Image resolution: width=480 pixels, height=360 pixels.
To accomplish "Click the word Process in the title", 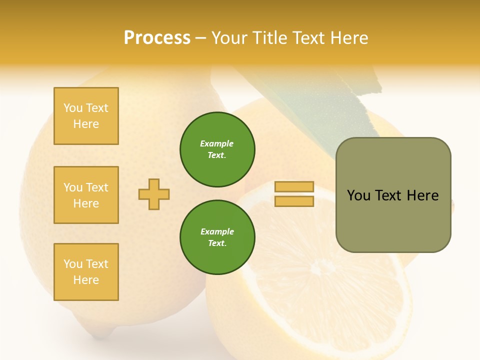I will pos(157,38).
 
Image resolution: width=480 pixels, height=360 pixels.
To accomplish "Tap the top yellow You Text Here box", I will pos(86,116).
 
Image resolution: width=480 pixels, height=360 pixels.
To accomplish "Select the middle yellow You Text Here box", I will pos(86,195).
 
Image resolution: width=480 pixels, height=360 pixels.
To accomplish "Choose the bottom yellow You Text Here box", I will pos(86,272).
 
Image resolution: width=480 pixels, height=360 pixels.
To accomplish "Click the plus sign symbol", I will pos(154,194).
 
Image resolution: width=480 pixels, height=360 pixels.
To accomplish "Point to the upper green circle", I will pos(217,149).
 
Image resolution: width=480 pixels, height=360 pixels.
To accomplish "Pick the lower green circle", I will pos(217,237).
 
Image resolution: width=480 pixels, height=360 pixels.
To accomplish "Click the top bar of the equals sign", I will pos(294,186).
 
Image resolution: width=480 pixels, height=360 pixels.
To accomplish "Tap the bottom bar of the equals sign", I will pos(294,201).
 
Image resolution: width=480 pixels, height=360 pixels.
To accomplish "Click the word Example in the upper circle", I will pos(217,143).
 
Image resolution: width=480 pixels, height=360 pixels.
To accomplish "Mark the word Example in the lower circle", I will pos(217,231).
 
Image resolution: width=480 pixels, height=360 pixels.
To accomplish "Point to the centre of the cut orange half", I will pos(320,270).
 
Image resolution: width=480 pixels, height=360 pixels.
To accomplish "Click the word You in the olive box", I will pos(358,195).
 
